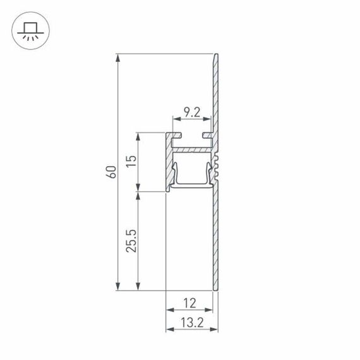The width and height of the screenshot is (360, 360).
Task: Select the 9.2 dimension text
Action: (x=191, y=114)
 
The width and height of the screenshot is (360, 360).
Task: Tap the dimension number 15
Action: (x=131, y=161)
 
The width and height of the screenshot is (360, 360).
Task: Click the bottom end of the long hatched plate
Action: (x=215, y=287)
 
